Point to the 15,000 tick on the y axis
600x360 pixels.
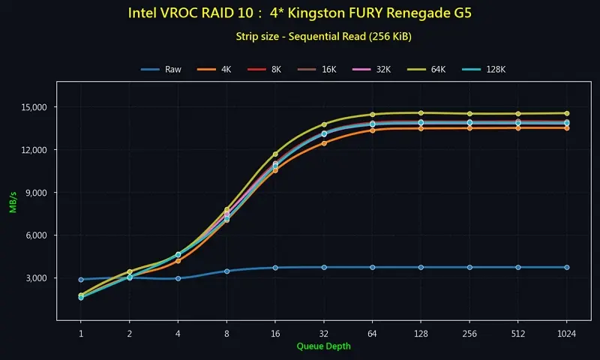point(32,107)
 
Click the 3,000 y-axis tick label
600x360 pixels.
point(34,278)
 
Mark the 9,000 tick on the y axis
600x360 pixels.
point(34,193)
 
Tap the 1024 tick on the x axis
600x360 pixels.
point(566,332)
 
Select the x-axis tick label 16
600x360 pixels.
point(275,332)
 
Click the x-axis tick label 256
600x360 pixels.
point(469,332)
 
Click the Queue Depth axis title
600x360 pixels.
point(323,346)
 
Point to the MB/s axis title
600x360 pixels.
point(13,204)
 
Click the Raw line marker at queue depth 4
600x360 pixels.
point(178,278)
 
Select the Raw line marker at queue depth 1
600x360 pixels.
point(81,280)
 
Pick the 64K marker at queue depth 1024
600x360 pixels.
point(566,113)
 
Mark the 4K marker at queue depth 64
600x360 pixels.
point(373,130)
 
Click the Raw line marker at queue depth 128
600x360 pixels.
point(421,267)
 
